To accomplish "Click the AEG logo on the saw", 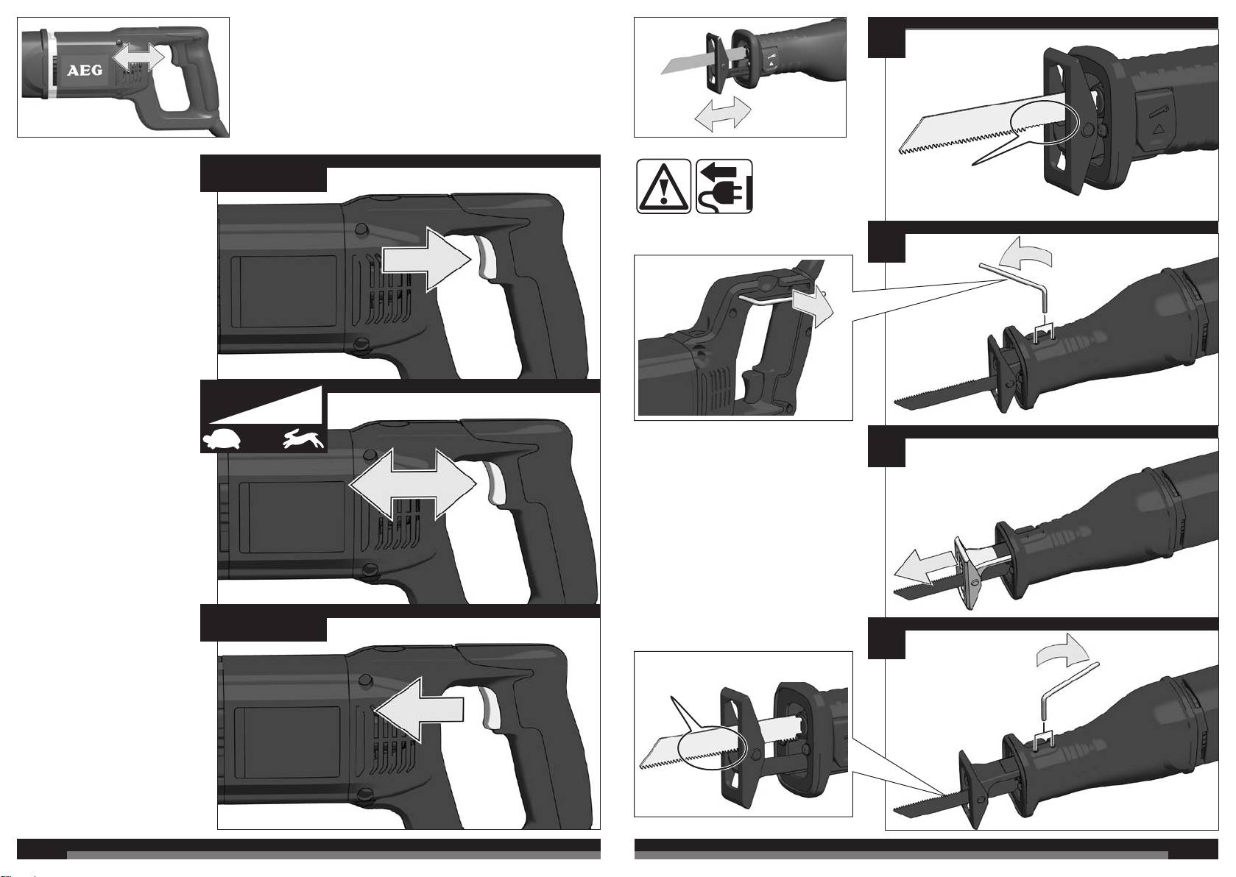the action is pyautogui.click(x=85, y=71).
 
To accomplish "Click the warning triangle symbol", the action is pyautogui.click(x=663, y=186).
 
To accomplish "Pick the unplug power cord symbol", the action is pyautogui.click(x=724, y=186).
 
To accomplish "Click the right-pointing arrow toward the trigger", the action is pyautogui.click(x=427, y=259).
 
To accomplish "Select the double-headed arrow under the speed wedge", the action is pyautogui.click(x=413, y=484).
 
